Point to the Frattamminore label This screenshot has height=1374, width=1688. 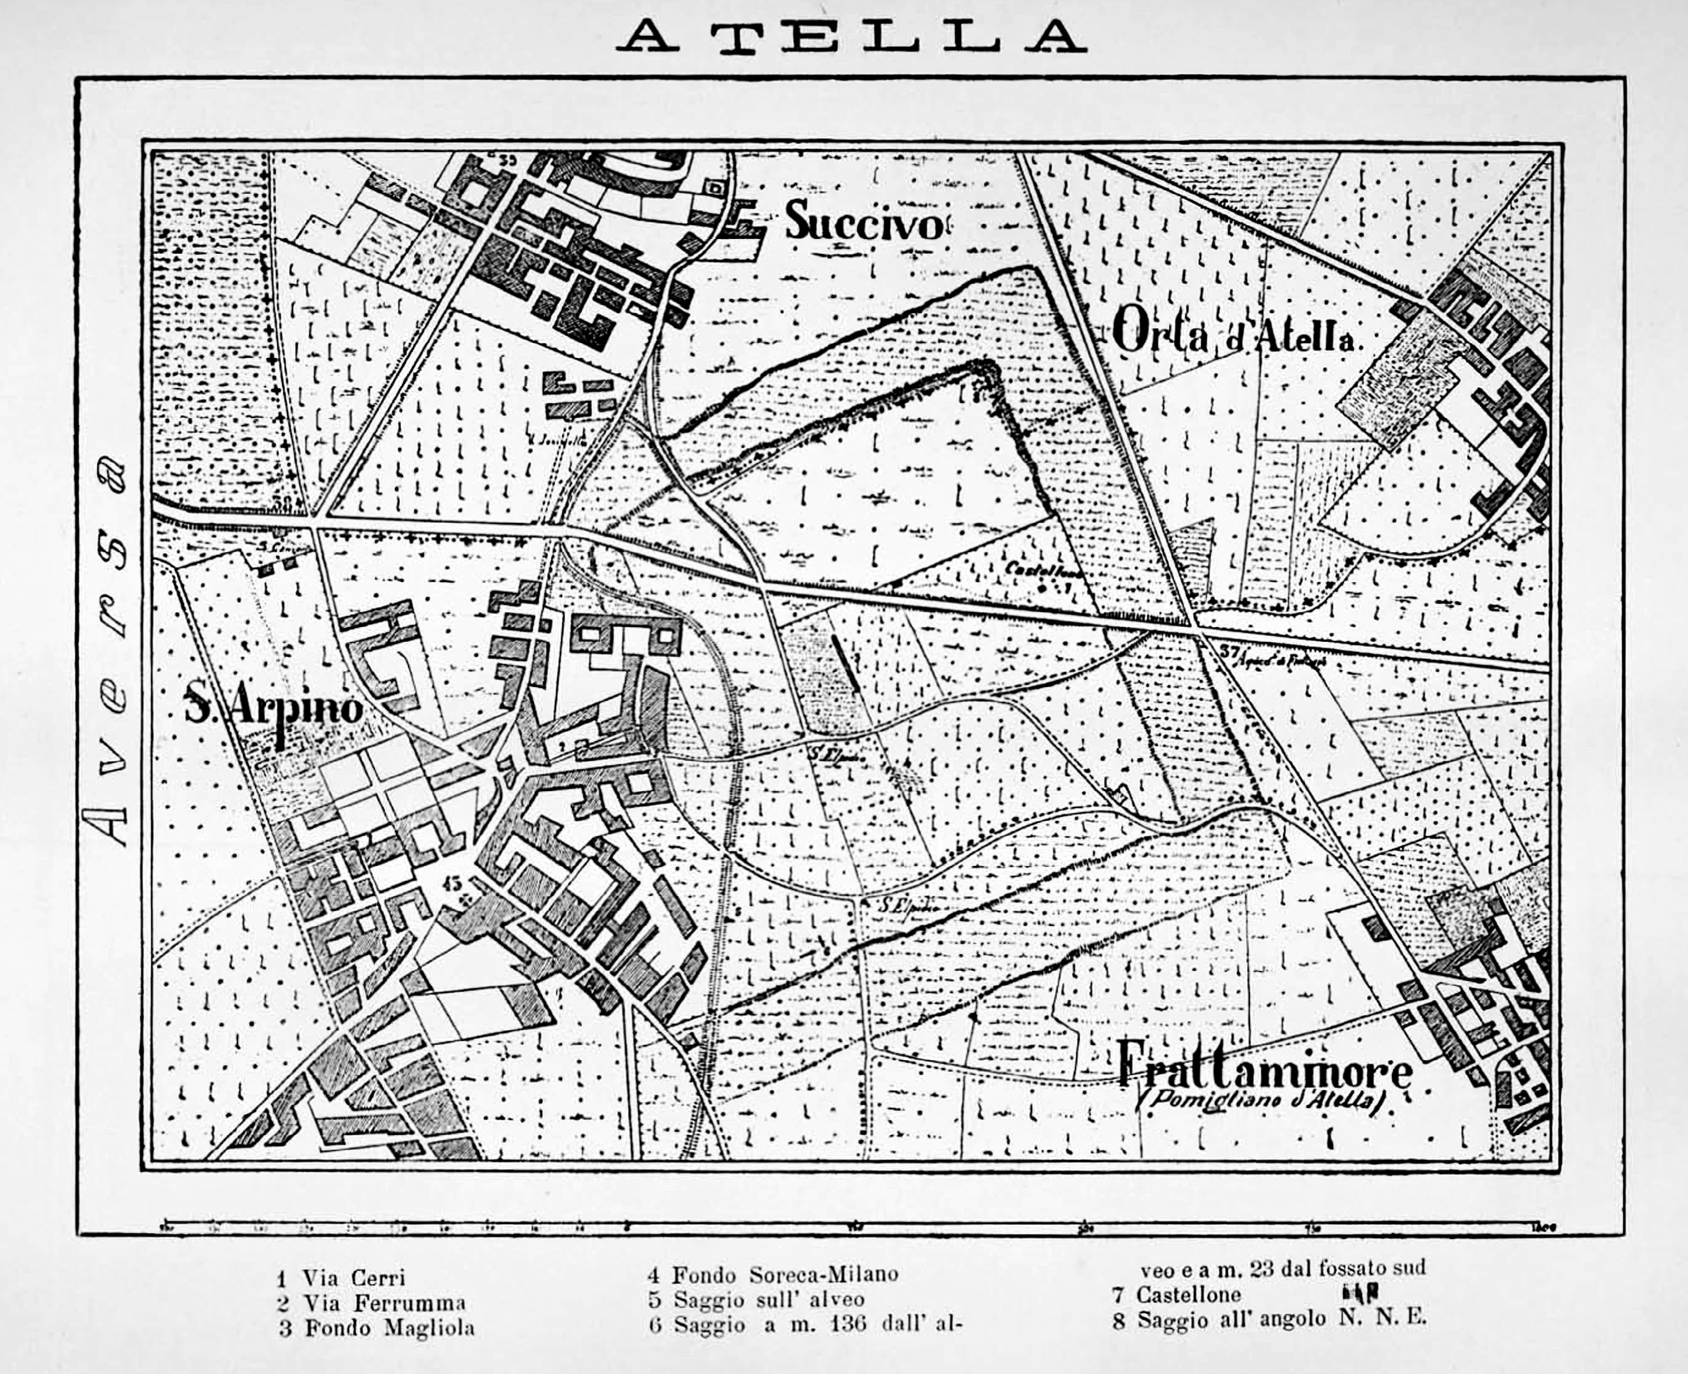(1264, 1070)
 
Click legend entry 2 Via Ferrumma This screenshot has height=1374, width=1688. (371, 1302)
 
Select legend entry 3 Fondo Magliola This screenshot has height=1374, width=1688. (377, 1328)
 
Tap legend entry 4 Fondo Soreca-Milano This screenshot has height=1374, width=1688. (773, 1274)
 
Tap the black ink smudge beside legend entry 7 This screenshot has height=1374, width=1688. (1361, 1292)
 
